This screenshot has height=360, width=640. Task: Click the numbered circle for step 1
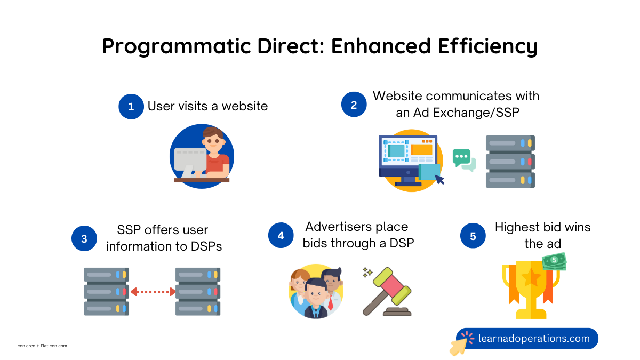(131, 106)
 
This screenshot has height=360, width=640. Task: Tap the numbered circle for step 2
(354, 105)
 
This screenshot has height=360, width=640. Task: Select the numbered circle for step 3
(84, 238)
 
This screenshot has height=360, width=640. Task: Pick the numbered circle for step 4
(281, 235)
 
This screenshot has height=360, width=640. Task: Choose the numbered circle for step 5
(473, 236)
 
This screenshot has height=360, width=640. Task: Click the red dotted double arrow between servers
(153, 292)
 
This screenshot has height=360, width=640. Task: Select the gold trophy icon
(530, 291)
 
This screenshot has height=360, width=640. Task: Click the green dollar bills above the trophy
(554, 261)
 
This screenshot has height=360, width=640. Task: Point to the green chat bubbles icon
(463, 159)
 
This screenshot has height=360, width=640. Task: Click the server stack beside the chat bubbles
(510, 162)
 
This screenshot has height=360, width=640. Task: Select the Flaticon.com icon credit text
(42, 346)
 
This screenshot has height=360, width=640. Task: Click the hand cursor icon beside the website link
(460, 344)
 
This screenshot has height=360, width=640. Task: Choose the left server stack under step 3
(106, 292)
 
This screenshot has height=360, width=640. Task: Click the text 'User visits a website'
(207, 106)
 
